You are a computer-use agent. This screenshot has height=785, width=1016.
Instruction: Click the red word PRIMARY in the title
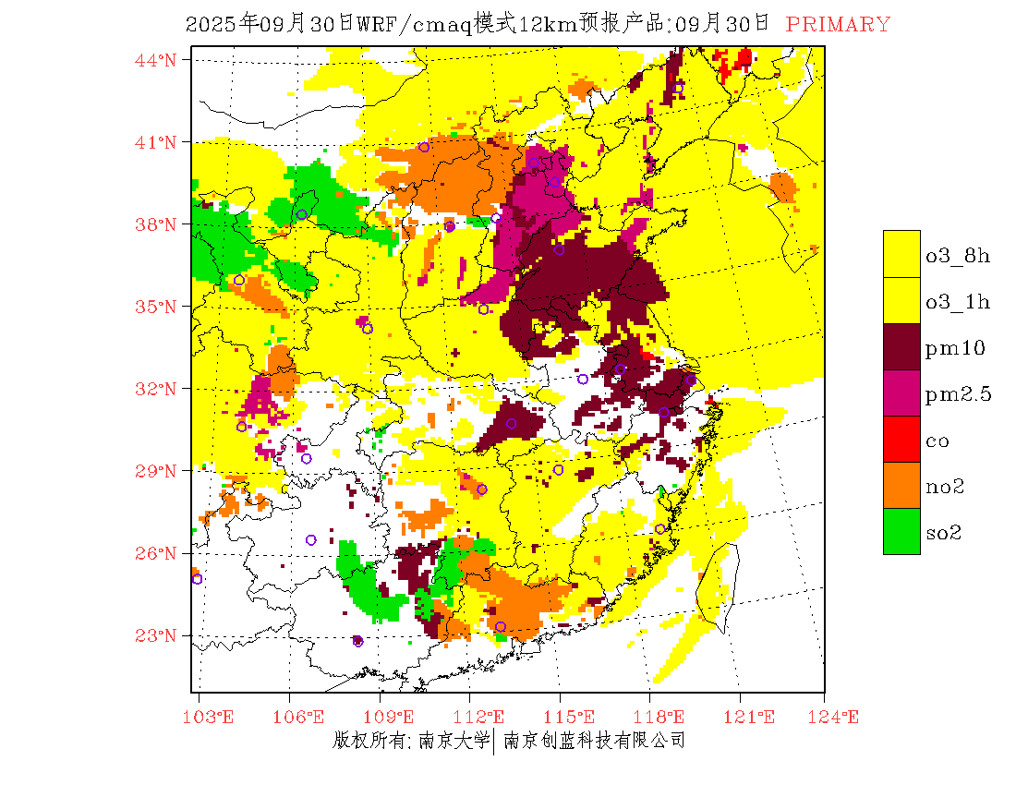point(838,25)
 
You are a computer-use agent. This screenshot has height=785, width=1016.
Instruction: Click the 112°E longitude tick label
point(484,718)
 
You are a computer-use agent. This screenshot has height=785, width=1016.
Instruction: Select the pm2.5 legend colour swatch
point(901,392)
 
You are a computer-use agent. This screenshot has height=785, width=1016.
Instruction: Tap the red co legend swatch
point(901,439)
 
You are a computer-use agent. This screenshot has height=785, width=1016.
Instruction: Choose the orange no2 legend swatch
point(901,485)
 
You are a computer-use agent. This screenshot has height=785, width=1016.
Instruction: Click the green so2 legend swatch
point(901,531)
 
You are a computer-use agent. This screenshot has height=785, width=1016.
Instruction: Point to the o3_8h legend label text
point(958,256)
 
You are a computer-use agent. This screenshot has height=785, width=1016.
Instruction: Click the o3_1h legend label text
point(958,302)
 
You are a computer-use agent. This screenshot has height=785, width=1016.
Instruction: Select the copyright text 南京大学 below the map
point(453,741)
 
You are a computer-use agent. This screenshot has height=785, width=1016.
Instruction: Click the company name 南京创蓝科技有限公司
point(594,741)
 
